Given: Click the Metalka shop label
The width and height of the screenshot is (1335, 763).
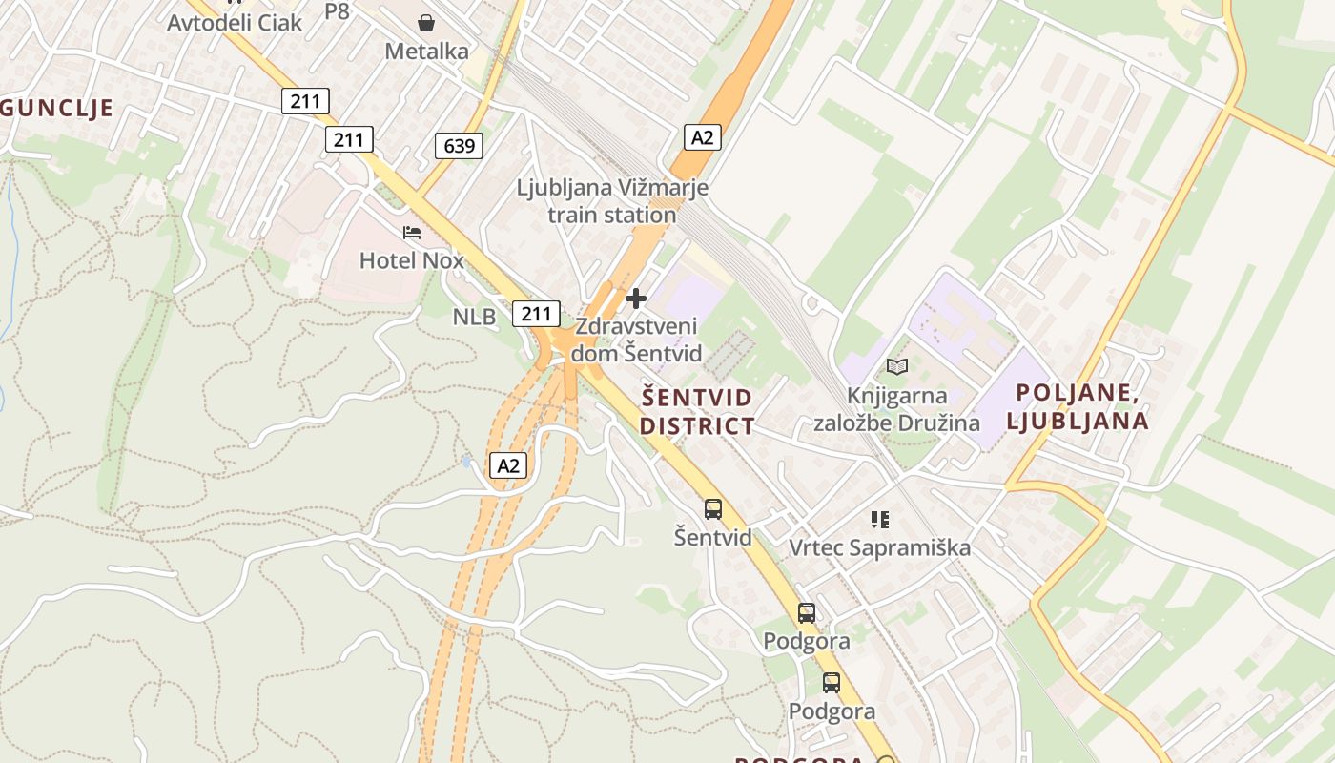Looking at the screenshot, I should coord(426,51).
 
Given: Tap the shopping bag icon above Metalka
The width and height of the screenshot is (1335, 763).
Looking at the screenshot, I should coord(426,22).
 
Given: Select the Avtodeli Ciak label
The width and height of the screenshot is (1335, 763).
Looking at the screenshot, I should coord(235,22).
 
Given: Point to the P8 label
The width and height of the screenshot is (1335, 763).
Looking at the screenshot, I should coord(337,11).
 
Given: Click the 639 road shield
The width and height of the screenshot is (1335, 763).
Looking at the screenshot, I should coord(459,146).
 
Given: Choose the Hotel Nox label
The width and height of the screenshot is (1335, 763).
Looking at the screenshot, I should coord(411,259).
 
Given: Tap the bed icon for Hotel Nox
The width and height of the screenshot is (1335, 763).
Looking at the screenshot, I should coord(412,232).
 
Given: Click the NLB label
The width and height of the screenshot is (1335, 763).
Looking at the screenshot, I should coord(474,317).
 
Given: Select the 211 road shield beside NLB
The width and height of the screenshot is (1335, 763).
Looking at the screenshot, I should coord(536,313).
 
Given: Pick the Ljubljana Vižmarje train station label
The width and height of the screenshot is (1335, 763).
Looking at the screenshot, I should coord(612,201).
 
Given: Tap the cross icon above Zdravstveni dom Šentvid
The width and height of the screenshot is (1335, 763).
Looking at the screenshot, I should coord(636,299).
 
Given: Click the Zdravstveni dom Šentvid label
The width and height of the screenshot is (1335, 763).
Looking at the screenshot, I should coord(636,340).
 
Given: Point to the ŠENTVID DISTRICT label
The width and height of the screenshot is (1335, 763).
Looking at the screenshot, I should coord(696,411).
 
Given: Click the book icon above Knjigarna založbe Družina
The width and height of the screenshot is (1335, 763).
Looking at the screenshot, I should coord(896,366).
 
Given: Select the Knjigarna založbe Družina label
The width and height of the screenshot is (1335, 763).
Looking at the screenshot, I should coord(896,409).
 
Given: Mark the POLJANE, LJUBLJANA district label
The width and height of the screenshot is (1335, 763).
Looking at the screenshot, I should coord(1081,406).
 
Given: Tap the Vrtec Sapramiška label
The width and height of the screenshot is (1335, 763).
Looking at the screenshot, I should coord(879,547).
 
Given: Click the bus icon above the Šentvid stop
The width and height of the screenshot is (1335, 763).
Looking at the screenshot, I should coord(713,509).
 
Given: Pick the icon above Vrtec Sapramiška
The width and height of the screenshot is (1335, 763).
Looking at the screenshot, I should coord(879,520).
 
